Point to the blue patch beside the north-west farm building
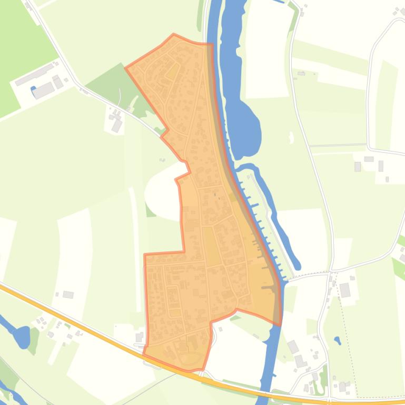[33, 89]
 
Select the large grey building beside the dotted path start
[345, 290]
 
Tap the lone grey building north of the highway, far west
[68, 295]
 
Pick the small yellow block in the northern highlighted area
[172, 71]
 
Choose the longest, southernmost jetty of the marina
[270, 287]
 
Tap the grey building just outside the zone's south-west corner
[139, 337]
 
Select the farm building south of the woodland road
[116, 125]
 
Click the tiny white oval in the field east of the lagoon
[291, 138]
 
